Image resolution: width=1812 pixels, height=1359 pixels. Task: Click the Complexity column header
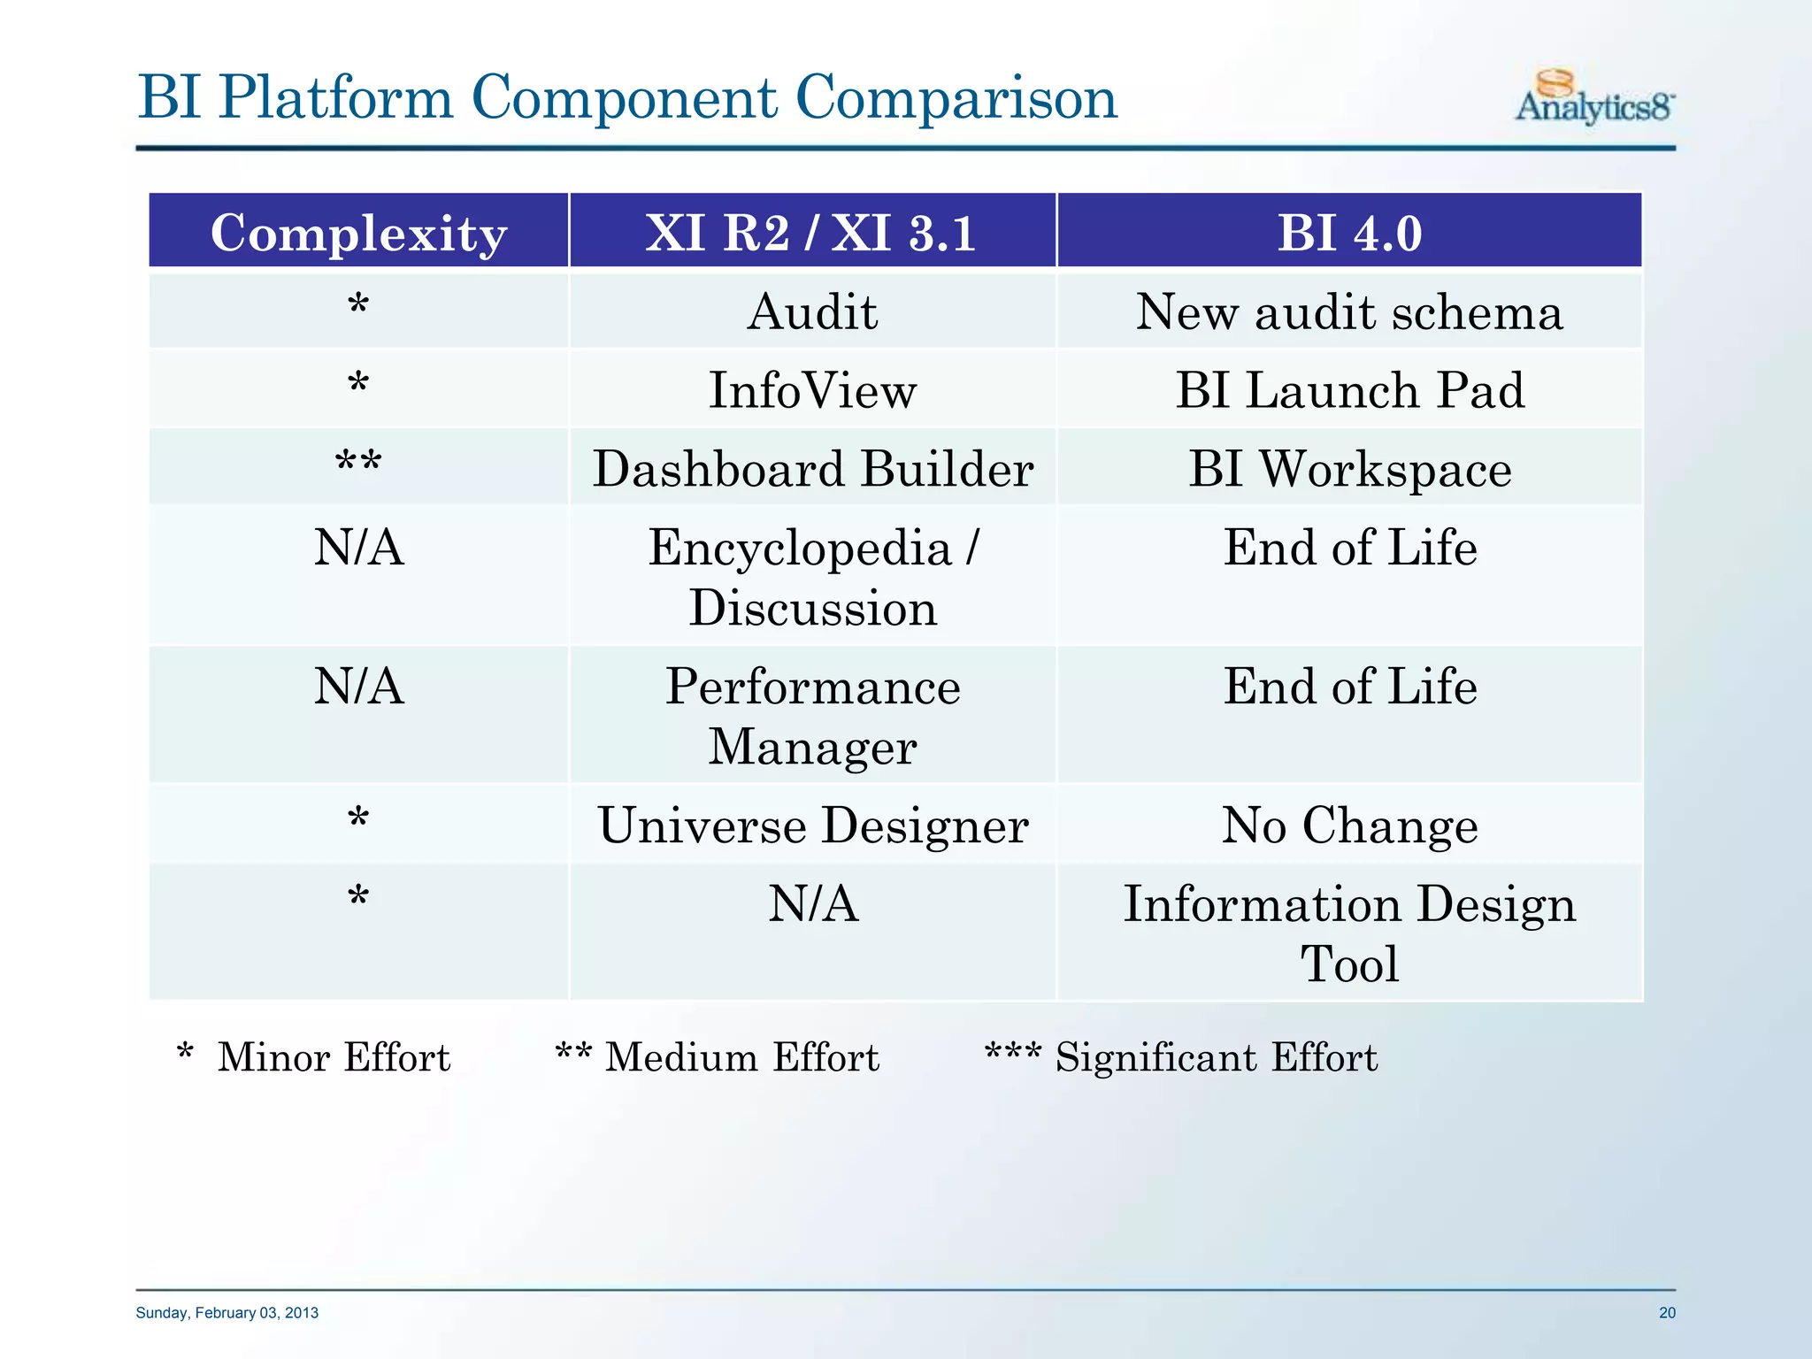pos(358,233)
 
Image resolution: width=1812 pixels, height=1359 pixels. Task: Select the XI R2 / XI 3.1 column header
pos(811,233)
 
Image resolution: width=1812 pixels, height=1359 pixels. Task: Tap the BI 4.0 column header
pos(1349,233)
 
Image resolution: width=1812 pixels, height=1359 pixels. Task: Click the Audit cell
pos(812,312)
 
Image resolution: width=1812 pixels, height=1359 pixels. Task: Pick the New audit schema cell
pos(1349,312)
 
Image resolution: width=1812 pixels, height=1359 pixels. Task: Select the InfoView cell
pos(812,390)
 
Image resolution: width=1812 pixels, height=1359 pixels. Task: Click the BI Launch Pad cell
pos(1349,390)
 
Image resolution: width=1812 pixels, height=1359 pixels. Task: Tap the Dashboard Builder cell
pos(812,468)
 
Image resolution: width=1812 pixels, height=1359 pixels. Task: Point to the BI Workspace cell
pos(1349,468)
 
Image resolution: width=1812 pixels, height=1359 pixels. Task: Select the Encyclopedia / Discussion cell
pos(812,577)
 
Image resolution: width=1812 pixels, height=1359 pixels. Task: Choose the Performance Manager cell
pos(812,716)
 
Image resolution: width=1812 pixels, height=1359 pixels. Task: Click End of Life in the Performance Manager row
pos(1349,687)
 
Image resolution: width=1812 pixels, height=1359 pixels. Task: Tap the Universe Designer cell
pos(812,825)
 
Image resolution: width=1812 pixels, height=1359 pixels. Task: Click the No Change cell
pos(1349,825)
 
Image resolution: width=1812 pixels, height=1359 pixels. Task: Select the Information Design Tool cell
pos(1349,933)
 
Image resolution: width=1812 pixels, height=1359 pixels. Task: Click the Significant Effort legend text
pos(1216,1057)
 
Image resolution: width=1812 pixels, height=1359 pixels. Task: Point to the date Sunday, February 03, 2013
pos(227,1313)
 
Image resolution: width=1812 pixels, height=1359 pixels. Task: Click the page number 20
pos(1667,1313)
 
